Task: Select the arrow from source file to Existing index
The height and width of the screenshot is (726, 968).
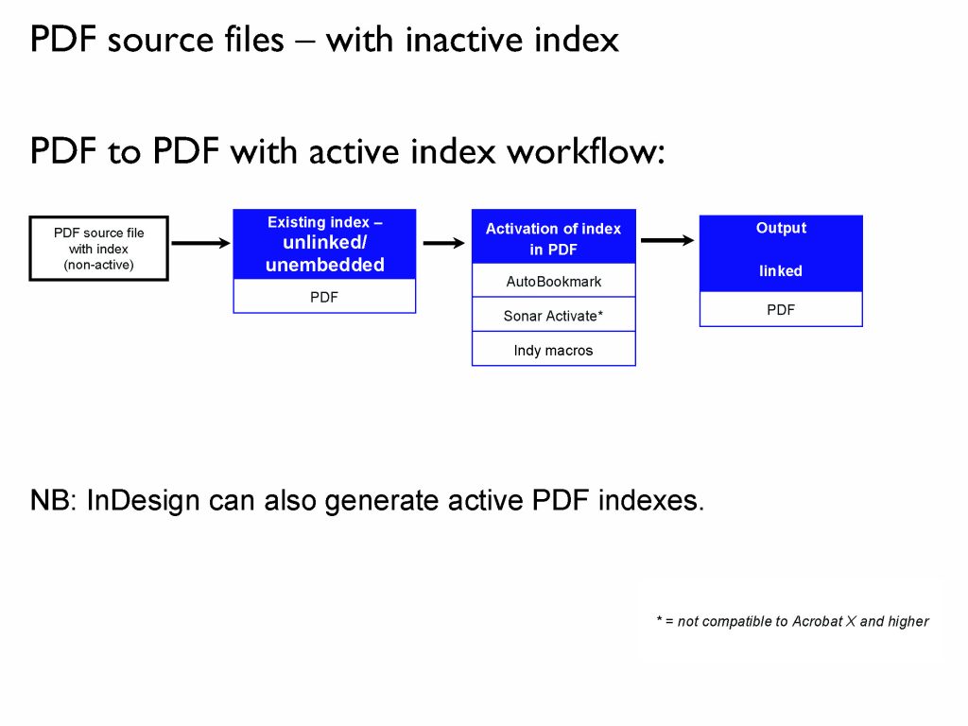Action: [200, 244]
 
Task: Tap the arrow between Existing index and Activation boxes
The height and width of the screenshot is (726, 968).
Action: [443, 244]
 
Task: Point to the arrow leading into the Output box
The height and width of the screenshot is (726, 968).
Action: [667, 241]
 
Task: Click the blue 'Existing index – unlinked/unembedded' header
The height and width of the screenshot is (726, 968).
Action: [324, 244]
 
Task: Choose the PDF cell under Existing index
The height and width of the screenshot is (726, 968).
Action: [324, 297]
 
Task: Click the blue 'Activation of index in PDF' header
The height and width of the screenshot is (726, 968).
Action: [553, 238]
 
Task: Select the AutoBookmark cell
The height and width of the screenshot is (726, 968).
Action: [553, 282]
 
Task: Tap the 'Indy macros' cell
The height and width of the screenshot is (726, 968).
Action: [553, 351]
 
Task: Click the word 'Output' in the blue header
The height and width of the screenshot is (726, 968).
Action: [781, 228]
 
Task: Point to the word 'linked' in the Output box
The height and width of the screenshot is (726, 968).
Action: [781, 271]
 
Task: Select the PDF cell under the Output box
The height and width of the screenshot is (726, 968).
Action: [781, 310]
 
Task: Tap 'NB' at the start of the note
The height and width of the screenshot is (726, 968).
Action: [50, 501]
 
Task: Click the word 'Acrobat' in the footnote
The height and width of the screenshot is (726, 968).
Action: [817, 622]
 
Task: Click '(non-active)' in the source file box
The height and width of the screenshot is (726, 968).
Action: [99, 266]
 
